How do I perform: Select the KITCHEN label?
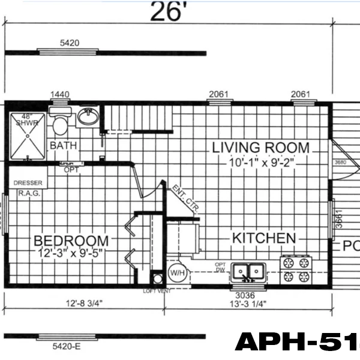(x=264, y=238)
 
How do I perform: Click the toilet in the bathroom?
(x=60, y=125)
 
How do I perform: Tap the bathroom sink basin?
(x=88, y=115)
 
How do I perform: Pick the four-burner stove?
(x=296, y=269)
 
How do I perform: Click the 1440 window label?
(x=61, y=94)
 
